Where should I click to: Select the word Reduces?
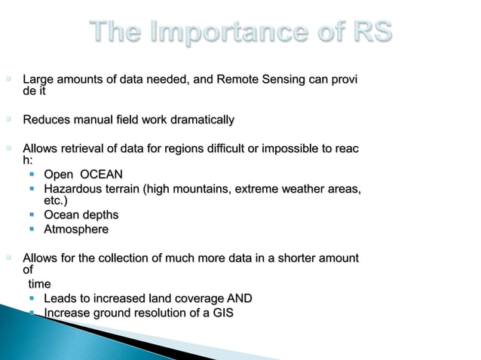[x=47, y=120]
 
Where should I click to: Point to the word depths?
[x=100, y=215]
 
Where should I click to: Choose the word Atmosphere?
[x=76, y=229]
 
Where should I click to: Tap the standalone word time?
[x=39, y=284]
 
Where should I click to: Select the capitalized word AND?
[x=238, y=299]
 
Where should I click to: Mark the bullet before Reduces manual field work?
[x=11, y=120]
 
